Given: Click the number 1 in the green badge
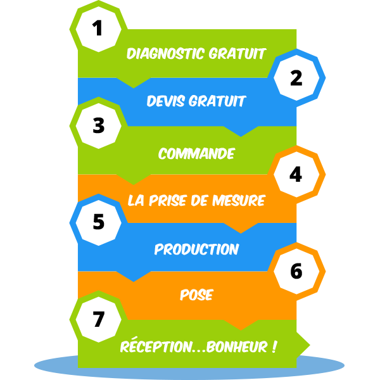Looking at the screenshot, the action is tap(98, 28).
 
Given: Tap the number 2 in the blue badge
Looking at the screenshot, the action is tap(296, 78).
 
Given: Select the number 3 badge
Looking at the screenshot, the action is tap(98, 126).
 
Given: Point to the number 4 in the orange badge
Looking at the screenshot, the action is tap(296, 174).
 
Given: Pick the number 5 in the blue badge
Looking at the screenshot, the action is tap(98, 222).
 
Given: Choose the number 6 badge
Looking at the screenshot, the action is tap(296, 271).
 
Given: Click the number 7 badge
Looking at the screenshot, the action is tap(98, 319).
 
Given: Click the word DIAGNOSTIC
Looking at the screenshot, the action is tap(165, 53).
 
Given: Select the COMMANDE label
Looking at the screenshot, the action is tap(196, 153).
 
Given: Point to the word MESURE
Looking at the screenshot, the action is tap(239, 200).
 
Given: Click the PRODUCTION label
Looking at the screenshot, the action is tap(196, 249).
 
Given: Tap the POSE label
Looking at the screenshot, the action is tap(196, 294).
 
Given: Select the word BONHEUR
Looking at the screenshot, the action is tap(237, 346).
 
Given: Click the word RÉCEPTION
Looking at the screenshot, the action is tap(156, 345).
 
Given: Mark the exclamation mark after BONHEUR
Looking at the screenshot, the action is tap(274, 346).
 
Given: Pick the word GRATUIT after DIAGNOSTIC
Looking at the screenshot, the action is tap(237, 53).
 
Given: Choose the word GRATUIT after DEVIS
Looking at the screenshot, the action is tap(217, 101).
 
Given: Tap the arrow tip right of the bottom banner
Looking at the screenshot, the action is tap(310, 345).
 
